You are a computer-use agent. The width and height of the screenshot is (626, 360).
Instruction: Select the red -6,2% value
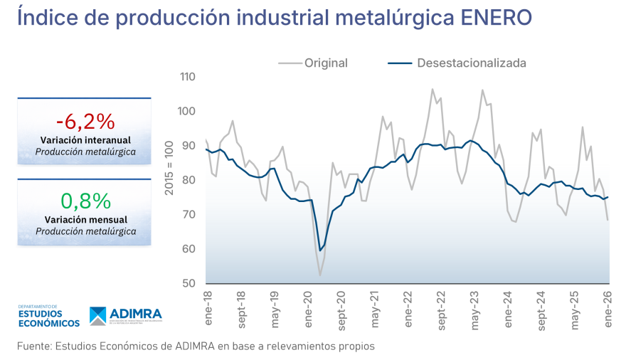[x=85, y=121]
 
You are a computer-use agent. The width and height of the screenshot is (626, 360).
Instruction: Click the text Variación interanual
[x=85, y=139]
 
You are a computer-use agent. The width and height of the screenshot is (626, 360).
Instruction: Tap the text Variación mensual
[x=85, y=219]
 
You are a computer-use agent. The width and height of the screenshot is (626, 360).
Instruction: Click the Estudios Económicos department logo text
[x=48, y=317]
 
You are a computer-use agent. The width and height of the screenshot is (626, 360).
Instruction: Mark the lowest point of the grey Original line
[x=320, y=275]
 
